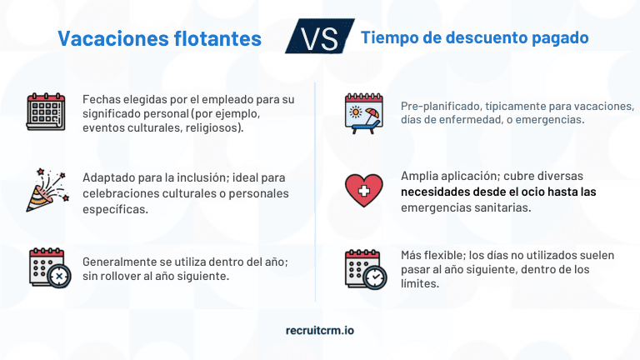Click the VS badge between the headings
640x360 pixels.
click(x=319, y=37)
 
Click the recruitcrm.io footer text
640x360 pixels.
click(x=320, y=330)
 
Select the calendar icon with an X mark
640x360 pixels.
click(x=48, y=267)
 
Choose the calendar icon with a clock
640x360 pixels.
click(x=364, y=267)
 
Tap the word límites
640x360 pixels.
click(x=421, y=283)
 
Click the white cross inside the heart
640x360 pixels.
click(x=362, y=195)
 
